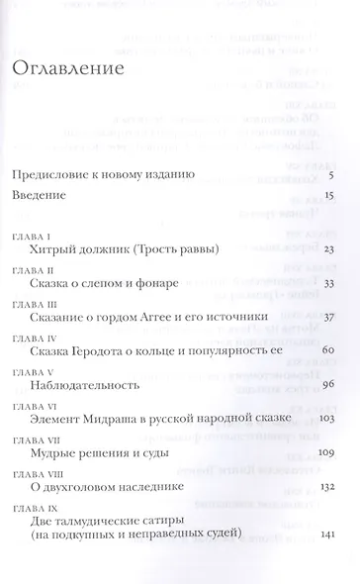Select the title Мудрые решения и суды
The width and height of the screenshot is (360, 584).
tap(100, 452)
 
